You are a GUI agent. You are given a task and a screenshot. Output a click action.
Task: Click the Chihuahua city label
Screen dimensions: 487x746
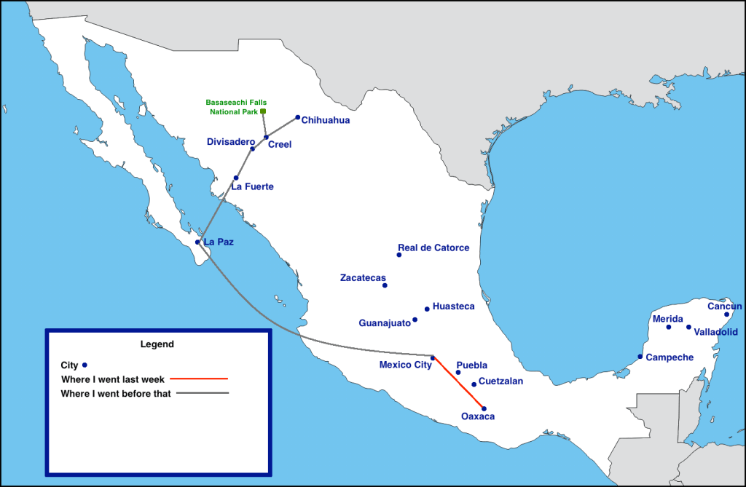(x=326, y=120)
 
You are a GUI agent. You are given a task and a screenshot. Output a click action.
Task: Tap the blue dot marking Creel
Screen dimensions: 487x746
(x=266, y=137)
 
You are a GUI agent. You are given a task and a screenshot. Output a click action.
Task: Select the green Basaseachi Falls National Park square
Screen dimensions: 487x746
(x=263, y=111)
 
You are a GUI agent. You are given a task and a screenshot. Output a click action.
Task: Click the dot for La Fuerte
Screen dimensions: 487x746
(x=236, y=178)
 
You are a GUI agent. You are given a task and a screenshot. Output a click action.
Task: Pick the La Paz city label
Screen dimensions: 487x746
(x=219, y=242)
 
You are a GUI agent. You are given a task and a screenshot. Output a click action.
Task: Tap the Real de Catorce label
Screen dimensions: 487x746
(x=433, y=248)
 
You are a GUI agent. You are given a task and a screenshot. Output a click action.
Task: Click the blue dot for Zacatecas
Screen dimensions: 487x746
(x=385, y=285)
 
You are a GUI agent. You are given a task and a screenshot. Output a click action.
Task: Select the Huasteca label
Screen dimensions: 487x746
(x=453, y=306)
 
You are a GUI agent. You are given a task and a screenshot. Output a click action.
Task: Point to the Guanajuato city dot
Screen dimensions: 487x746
(x=415, y=320)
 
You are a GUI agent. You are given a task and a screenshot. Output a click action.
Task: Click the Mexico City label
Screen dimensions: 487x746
(x=405, y=365)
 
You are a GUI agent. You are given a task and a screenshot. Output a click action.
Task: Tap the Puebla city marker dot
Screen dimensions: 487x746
(x=458, y=373)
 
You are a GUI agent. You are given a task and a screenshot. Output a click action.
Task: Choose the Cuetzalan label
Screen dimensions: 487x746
(x=500, y=381)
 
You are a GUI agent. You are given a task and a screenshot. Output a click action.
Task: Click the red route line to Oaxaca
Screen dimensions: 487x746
(x=459, y=383)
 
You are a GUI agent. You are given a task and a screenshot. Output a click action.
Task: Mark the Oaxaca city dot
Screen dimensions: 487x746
(x=484, y=408)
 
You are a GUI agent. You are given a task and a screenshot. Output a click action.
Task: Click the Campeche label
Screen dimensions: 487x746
(x=670, y=357)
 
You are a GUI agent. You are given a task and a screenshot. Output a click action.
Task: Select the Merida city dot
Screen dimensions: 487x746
(x=669, y=327)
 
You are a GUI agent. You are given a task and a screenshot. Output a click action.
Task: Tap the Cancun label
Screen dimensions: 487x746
(x=725, y=306)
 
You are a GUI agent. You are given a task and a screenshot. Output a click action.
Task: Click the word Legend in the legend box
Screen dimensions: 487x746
(x=157, y=344)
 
